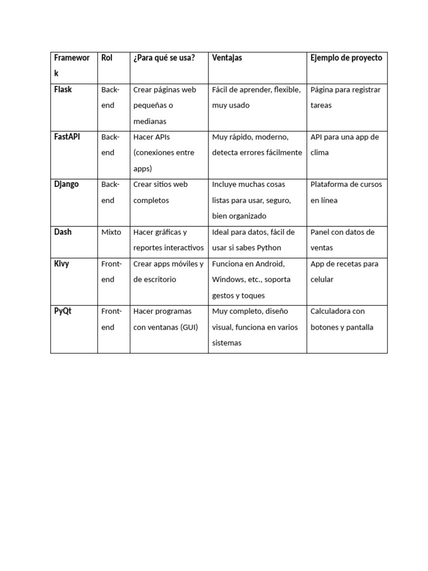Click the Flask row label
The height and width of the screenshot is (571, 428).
coord(63,89)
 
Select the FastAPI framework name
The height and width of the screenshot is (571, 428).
coord(67,137)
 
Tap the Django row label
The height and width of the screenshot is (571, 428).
coord(66,184)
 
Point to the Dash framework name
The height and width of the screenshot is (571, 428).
coord(63,232)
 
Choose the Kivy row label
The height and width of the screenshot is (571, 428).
coord(62,264)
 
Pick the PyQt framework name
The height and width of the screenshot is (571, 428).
coord(63,311)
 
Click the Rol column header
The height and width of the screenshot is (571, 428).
coord(106,58)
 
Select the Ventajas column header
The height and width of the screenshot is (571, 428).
coord(227,58)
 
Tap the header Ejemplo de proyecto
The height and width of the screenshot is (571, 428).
coord(346,58)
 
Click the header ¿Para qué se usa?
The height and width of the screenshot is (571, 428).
coord(164,58)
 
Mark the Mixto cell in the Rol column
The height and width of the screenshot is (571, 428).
coord(111,232)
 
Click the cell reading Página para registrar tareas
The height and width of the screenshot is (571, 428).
coord(346,97)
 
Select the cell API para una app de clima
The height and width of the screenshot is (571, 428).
coord(344,144)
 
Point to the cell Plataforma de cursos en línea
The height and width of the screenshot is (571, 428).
coord(346,192)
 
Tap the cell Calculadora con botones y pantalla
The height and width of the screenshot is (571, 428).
coord(342,319)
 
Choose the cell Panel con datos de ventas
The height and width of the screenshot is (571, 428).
coord(342,240)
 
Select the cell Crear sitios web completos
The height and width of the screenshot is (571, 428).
coord(160,192)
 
